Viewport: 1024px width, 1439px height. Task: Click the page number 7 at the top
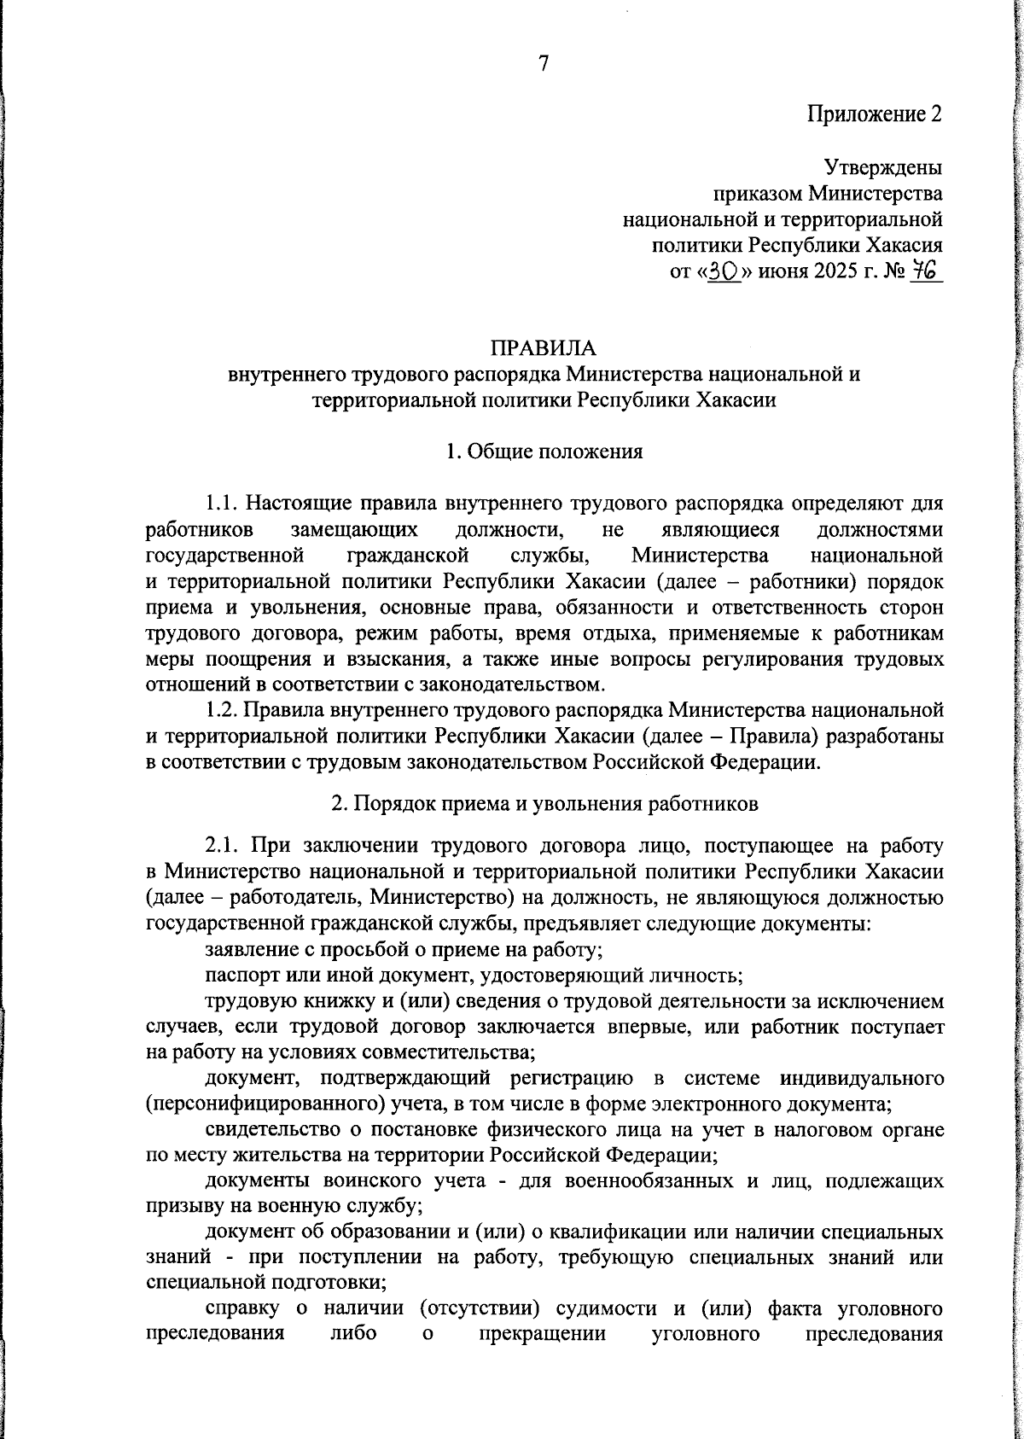544,63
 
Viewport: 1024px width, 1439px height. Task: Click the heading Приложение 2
876,114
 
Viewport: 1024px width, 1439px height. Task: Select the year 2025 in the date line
826,273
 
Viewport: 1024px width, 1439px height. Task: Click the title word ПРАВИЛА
544,348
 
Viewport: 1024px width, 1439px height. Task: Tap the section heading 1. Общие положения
544,452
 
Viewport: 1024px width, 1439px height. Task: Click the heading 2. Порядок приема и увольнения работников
544,803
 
